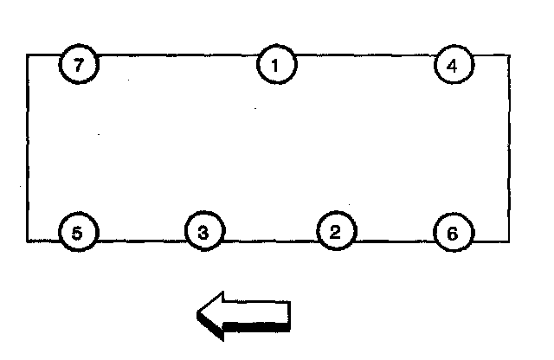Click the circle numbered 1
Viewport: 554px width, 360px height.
pyautogui.click(x=276, y=65)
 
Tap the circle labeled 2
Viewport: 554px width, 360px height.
pyautogui.click(x=336, y=231)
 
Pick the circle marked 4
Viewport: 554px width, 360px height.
pyautogui.click(x=454, y=66)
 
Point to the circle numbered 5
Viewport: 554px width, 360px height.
pyautogui.click(x=78, y=233)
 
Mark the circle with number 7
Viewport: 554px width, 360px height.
pyautogui.click(x=79, y=66)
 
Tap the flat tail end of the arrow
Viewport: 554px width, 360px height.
pyautogui.click(x=289, y=315)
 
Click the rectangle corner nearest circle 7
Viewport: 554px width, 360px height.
pyautogui.click(x=28, y=55)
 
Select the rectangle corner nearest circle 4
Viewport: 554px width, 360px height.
pyautogui.click(x=508, y=55)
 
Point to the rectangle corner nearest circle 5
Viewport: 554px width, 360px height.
pyautogui.click(x=28, y=241)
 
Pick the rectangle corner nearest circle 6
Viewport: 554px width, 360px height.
pyautogui.click(x=508, y=241)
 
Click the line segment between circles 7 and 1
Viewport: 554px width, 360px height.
pyautogui.click(x=177, y=55)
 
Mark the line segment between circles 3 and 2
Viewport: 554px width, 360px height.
pyautogui.click(x=270, y=241)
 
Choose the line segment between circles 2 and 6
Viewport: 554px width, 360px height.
pyautogui.click(x=395, y=241)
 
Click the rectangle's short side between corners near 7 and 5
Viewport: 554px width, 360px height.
pyautogui.click(x=28, y=148)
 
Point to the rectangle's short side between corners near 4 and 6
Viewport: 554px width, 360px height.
pyautogui.click(x=508, y=148)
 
